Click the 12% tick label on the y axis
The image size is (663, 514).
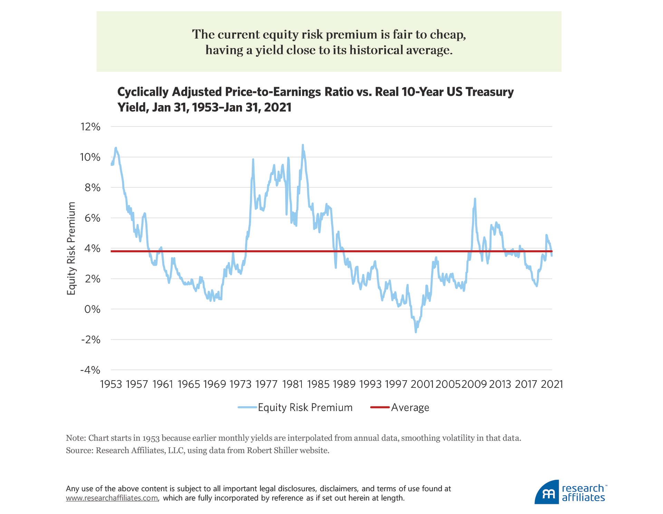click(90, 127)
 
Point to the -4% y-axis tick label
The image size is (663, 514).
click(90, 370)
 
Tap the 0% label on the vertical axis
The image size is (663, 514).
click(92, 309)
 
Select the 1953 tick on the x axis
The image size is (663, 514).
click(111, 384)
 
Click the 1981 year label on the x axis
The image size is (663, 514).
click(292, 384)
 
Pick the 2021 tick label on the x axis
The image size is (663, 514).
click(552, 384)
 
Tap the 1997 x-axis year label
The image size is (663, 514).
click(396, 384)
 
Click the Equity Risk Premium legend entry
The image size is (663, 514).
click(305, 408)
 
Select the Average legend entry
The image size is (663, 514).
click(410, 408)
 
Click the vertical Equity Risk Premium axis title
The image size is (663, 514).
click(71, 248)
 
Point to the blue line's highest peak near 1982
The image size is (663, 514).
click(303, 145)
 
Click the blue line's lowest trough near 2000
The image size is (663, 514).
click(416, 332)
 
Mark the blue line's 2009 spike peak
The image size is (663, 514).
click(475, 199)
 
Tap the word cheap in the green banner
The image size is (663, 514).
click(448, 35)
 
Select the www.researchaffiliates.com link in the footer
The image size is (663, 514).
click(112, 498)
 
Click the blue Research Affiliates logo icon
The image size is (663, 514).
click(547, 493)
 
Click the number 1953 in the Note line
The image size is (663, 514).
click(151, 438)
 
